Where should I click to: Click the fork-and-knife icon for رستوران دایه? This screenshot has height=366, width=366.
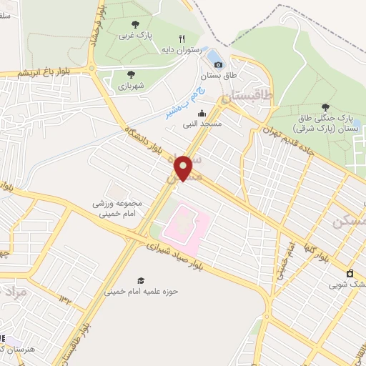coord(182,39)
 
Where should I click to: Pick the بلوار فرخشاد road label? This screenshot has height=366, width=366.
coord(96,27)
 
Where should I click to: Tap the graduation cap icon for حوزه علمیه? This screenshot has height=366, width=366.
coord(141,280)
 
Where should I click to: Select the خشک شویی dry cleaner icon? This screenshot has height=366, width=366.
coord(350,272)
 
